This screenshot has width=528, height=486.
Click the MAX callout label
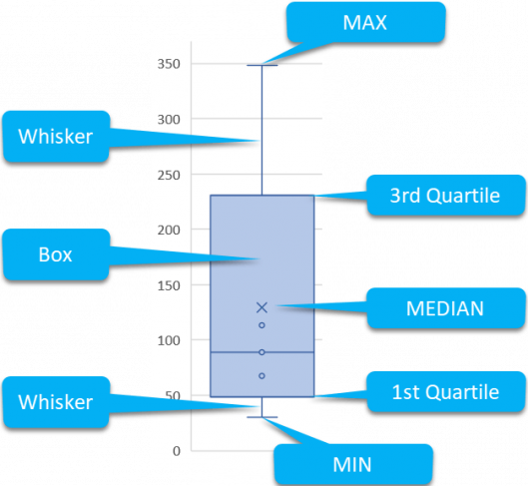pos(366,22)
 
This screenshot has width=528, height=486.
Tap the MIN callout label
pos(353,464)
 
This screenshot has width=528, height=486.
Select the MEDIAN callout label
pos(446,308)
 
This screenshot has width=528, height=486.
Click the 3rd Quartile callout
pos(446,196)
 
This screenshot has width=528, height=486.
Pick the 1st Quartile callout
pos(446,392)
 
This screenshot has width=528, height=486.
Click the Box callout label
pos(56,254)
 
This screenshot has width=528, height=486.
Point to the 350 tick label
pos(169,64)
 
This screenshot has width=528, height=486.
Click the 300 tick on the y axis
pos(169,119)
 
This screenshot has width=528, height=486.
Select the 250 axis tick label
pos(169,175)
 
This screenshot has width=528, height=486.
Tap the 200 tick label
pos(169,230)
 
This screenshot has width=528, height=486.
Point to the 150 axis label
pos(169,285)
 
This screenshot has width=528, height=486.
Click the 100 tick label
pos(169,340)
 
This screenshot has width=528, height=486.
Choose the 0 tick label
pos(177,451)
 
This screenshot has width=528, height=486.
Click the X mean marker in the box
pos(262,307)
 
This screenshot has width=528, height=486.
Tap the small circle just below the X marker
pos(262,325)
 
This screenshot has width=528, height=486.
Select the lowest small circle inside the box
pos(262,375)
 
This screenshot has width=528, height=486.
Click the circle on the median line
pos(262,352)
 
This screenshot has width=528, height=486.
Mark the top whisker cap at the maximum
pos(263,65)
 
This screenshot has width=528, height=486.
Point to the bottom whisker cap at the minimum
pos(263,417)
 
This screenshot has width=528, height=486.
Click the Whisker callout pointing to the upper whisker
pos(56,137)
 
